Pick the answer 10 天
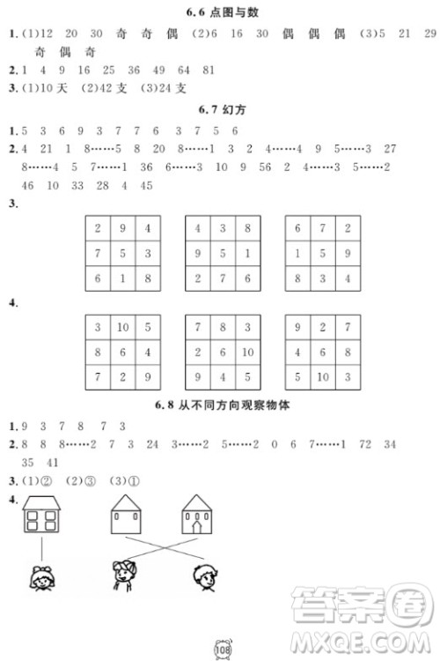(x=53, y=88)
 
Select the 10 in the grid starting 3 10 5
(x=123, y=327)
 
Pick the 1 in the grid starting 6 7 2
(x=298, y=254)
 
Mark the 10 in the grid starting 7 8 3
(x=248, y=352)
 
